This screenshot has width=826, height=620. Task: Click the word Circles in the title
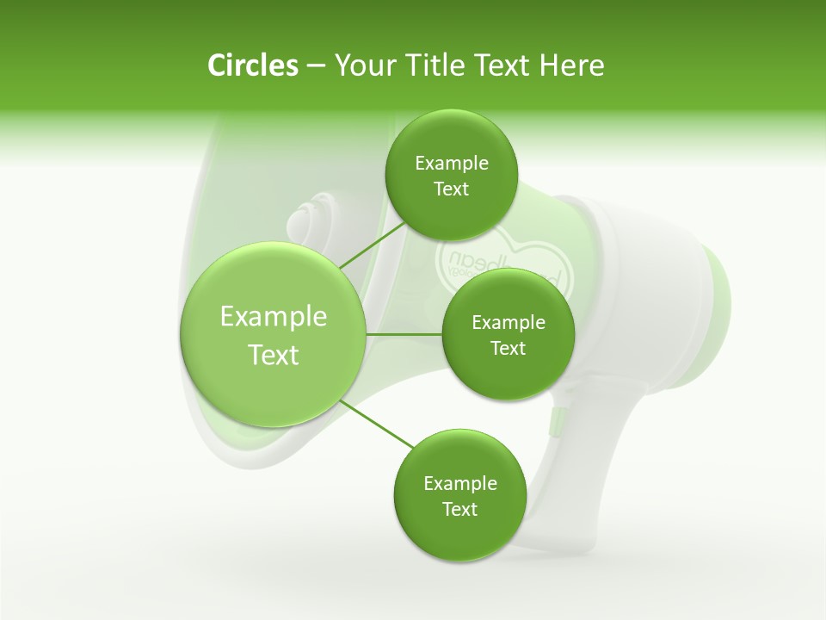pos(252,65)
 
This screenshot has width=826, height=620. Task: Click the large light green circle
pos(273,334)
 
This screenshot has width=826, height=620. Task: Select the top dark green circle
pos(452,176)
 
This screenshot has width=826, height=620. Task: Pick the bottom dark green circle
pos(459,496)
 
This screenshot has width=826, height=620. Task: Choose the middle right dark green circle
pos(508,335)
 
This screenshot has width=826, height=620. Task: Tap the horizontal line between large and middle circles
pos(404,334)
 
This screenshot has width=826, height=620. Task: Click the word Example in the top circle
pos(452,164)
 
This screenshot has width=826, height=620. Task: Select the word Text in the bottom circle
pos(459,509)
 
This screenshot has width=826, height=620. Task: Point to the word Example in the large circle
pos(274,317)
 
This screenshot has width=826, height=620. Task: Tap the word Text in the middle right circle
pos(508,348)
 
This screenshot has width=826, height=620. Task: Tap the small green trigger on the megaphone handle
pos(555,421)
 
